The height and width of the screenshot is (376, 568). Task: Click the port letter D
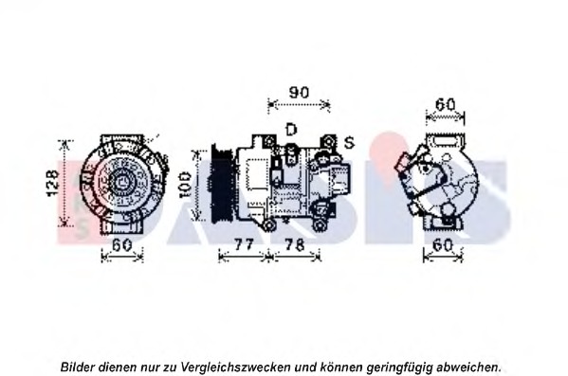[x=291, y=128]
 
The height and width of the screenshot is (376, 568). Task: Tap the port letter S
[x=349, y=142]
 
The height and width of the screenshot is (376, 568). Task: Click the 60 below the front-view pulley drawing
[x=119, y=245]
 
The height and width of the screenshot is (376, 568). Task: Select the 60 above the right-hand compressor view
[x=445, y=105]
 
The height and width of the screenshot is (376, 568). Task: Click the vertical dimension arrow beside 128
[x=66, y=185]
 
